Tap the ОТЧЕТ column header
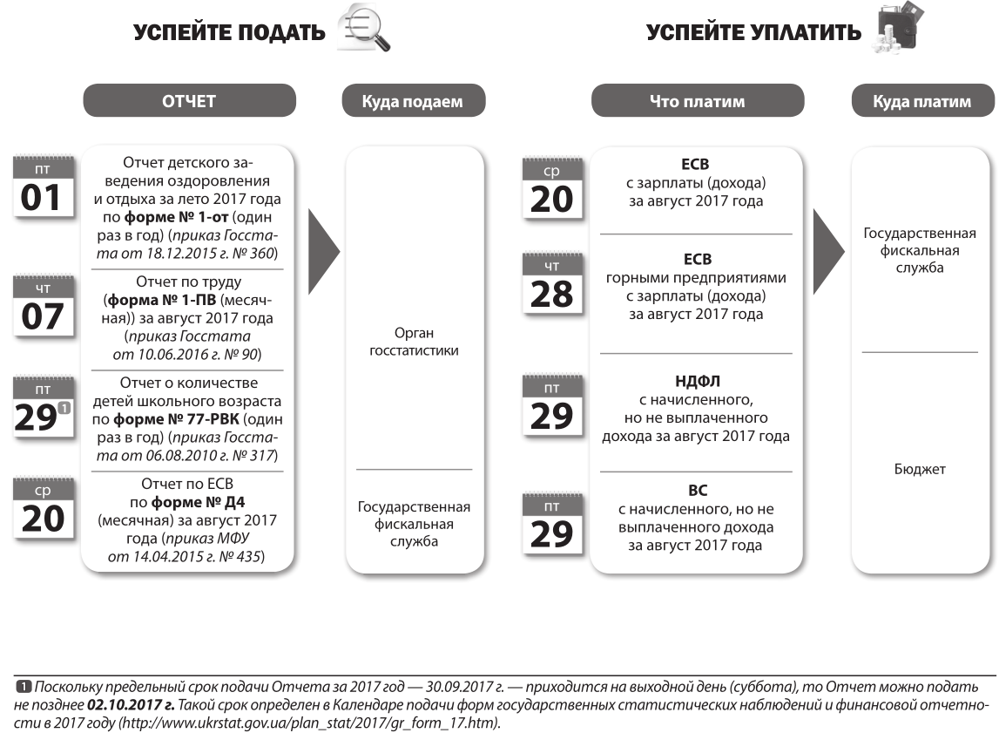188,101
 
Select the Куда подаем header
413,101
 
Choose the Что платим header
697,101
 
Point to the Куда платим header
921,101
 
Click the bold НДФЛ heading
696,381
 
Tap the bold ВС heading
696,491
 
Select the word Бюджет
921,470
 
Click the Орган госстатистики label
414,343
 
